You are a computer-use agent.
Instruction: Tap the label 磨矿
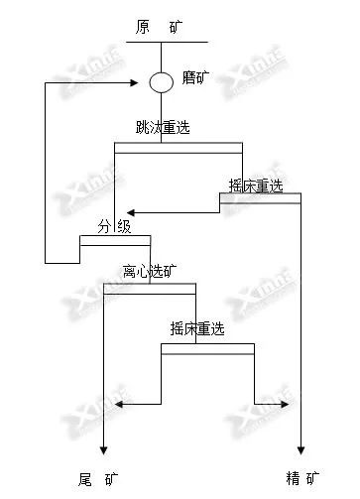click(x=195, y=78)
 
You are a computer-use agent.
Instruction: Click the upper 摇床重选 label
click(x=256, y=185)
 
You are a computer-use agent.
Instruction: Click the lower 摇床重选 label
click(x=202, y=329)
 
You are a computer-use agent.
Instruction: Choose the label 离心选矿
click(x=149, y=270)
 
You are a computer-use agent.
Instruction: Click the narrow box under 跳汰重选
click(x=179, y=149)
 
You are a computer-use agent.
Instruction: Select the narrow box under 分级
click(x=115, y=239)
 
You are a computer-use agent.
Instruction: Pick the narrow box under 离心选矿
click(x=150, y=288)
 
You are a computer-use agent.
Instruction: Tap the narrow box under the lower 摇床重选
click(x=207, y=347)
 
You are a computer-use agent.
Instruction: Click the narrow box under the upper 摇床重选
click(x=260, y=197)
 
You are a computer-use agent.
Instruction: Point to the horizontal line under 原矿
click(x=166, y=42)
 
